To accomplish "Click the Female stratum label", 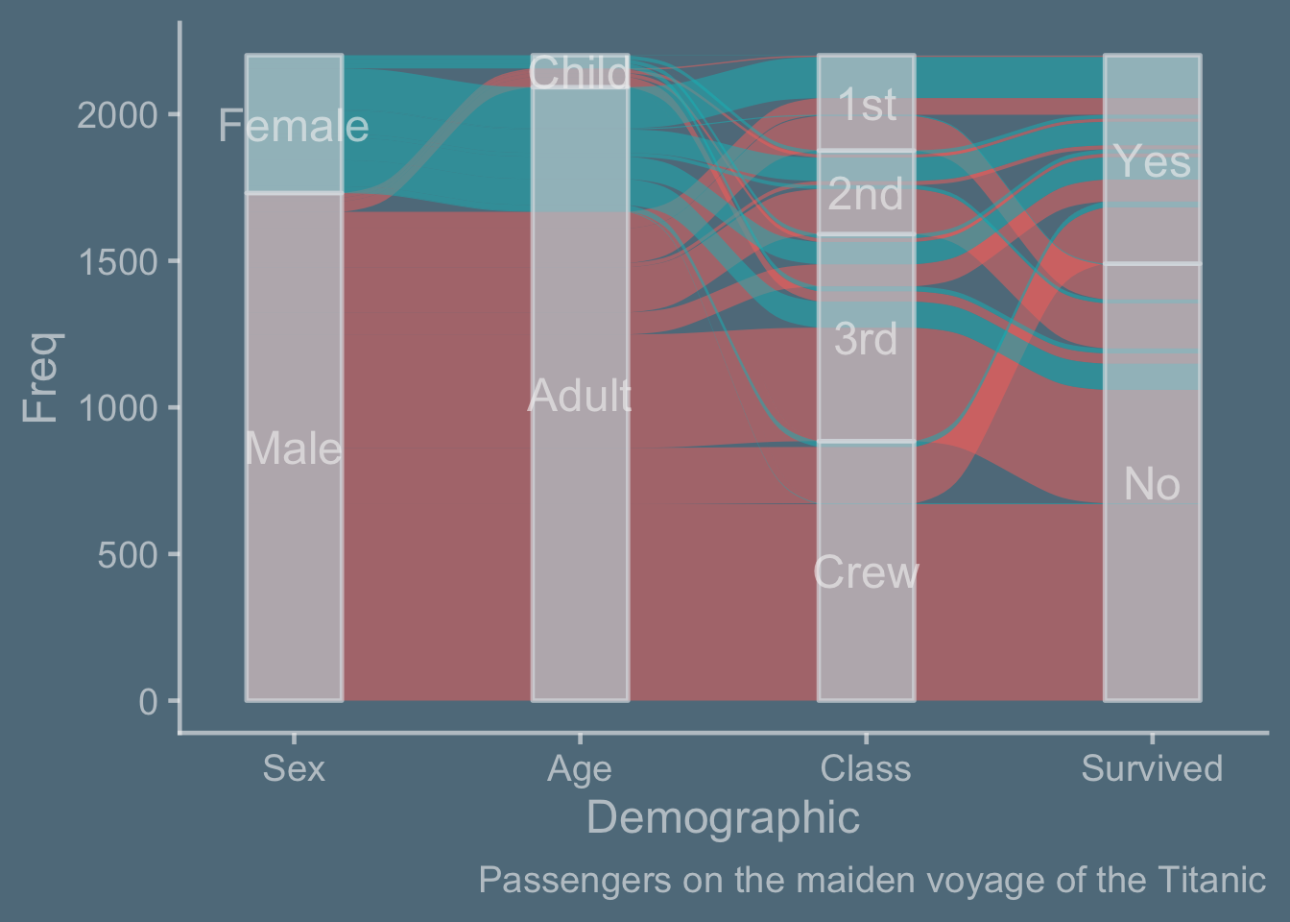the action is pos(294,126).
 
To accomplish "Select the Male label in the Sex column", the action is pos(294,449).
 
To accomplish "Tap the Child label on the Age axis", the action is pos(580,73).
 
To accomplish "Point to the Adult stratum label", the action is pos(580,396).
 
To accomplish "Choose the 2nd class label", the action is pos(866,194).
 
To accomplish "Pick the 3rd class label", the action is pos(866,339).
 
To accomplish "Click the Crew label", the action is pos(866,572).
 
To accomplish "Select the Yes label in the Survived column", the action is pos(1153,161).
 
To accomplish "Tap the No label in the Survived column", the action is pos(1153,484).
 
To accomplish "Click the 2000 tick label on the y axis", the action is pos(117,116).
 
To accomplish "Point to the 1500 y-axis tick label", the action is pos(117,263).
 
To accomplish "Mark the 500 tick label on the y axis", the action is pos(128,555).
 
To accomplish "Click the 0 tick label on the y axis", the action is pos(148,702).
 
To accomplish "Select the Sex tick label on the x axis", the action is pos(294,768).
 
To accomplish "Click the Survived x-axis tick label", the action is pos(1152,768).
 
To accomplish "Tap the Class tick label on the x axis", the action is pos(866,768).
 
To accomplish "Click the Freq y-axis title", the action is pos(41,377).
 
